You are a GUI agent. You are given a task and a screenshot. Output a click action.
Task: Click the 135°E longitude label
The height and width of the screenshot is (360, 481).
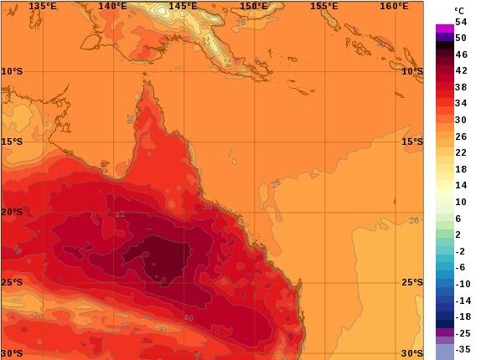coord(42,7)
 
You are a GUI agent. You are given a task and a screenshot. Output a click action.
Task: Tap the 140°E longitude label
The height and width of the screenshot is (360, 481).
coord(112,7)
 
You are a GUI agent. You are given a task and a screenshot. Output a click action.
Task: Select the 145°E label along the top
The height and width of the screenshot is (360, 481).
coord(183,7)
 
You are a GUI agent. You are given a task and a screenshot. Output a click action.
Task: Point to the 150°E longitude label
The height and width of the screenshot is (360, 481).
coord(253,7)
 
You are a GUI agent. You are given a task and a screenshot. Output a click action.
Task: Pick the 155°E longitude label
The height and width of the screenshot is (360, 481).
coord(323,7)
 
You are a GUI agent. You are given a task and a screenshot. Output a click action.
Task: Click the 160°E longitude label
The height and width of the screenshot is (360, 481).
coord(394,7)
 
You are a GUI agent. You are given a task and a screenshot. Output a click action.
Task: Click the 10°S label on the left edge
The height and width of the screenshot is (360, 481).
coord(12,71)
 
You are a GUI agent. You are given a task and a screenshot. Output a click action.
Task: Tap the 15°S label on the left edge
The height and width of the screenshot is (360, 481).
coord(12,141)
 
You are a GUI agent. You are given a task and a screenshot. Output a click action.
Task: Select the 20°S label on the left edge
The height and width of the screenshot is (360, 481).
coord(12,212)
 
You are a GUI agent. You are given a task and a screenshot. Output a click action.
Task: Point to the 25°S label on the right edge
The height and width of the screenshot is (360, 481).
coord(411,282)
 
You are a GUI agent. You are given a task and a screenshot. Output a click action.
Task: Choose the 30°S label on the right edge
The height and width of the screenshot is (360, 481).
coord(411,352)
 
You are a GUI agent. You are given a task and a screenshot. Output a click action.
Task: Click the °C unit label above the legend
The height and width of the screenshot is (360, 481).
coord(460,10)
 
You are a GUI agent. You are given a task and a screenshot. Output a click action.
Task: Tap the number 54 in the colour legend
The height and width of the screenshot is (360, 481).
coord(460,22)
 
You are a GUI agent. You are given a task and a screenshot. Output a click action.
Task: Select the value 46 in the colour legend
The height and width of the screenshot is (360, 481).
coord(460,54)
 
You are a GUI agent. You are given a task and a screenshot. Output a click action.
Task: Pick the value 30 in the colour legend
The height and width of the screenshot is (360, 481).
coord(460,120)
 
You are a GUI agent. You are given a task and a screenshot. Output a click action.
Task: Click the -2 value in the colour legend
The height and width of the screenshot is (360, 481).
coord(460,250)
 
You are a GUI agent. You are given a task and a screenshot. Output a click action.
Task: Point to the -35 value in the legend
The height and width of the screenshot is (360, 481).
coord(460,348)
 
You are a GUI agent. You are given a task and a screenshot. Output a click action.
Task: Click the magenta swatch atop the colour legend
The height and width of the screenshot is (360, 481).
coord(444,29)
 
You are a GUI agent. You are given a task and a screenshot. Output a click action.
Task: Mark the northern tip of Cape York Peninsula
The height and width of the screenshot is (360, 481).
coord(147,86)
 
